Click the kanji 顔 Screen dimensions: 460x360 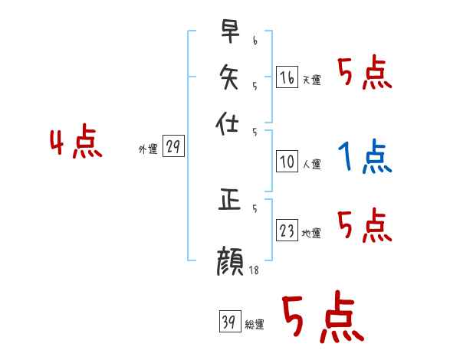click(230, 263)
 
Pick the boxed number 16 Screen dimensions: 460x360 click(286, 78)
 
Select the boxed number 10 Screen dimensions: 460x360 click(286, 162)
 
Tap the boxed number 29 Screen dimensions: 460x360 click(174, 148)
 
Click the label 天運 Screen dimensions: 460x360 click(311, 80)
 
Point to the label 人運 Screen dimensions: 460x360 click(311, 163)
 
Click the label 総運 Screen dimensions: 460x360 click(255, 324)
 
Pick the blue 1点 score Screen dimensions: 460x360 click(364, 158)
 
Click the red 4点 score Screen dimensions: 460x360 click(76, 144)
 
